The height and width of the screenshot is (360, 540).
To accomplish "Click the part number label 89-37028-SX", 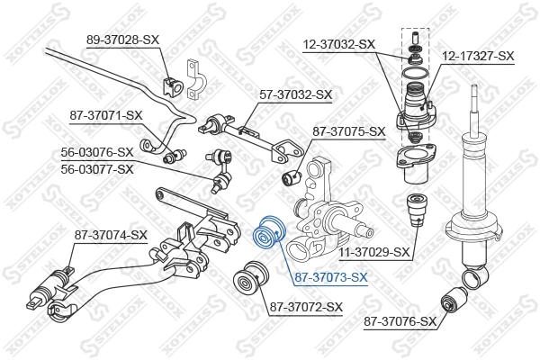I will click(122, 40).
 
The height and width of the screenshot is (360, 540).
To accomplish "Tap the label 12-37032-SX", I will click(340, 43).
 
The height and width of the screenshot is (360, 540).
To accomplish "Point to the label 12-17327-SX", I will click(479, 56).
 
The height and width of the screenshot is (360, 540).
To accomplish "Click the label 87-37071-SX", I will click(106, 114).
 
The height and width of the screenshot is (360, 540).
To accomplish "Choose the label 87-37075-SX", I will click(348, 131).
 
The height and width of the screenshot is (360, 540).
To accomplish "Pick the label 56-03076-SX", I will click(97, 152).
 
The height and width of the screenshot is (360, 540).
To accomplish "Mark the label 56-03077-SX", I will click(97, 168).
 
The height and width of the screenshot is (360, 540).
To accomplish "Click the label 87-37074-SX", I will click(111, 235).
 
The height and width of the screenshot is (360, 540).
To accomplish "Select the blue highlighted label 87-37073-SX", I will click(332, 276).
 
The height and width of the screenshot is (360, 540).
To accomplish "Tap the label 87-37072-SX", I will click(306, 308).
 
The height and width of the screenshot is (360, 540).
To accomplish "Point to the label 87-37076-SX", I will click(400, 320).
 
